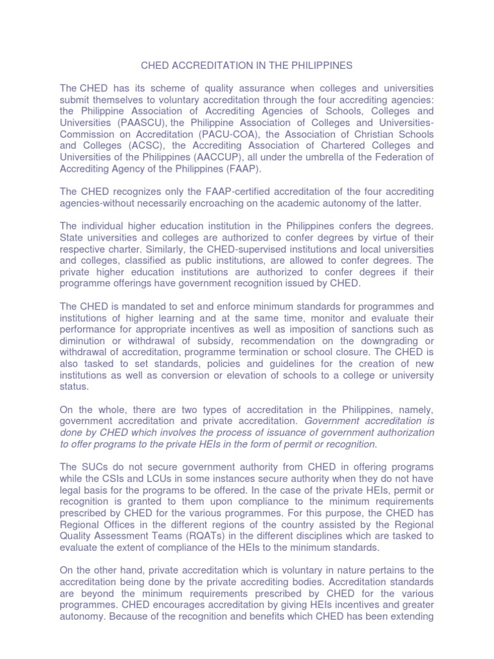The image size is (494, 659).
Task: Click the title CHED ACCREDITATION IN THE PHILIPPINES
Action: tap(247, 65)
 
